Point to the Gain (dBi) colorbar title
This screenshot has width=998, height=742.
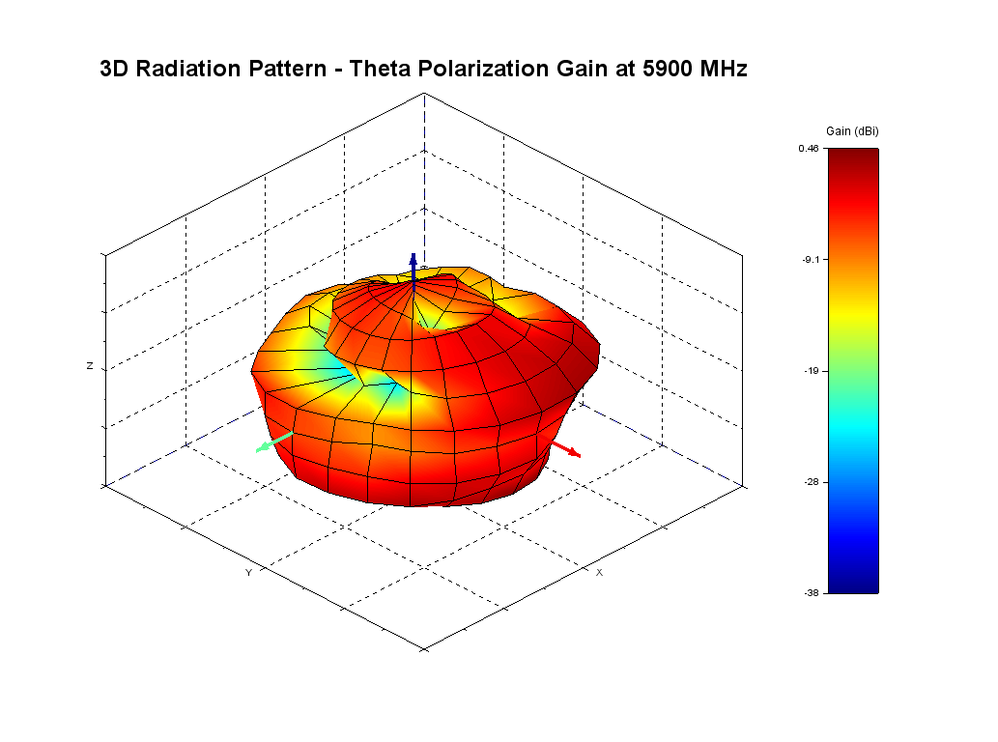(x=852, y=131)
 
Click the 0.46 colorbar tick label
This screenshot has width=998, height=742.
(x=809, y=149)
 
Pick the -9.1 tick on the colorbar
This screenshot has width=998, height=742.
(x=810, y=259)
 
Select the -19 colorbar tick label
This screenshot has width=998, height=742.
(x=812, y=370)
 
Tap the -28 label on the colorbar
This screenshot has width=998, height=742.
(x=812, y=481)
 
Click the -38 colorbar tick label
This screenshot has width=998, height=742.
(x=812, y=592)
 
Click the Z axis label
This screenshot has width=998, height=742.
(x=90, y=367)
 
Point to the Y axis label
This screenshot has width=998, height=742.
(x=248, y=573)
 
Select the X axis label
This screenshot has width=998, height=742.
(x=599, y=572)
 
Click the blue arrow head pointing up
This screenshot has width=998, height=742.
(x=413, y=259)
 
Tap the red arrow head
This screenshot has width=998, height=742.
(x=575, y=452)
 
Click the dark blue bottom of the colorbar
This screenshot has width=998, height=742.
(x=852, y=585)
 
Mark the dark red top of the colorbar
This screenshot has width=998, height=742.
(x=852, y=156)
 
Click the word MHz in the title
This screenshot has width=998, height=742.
(x=724, y=70)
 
